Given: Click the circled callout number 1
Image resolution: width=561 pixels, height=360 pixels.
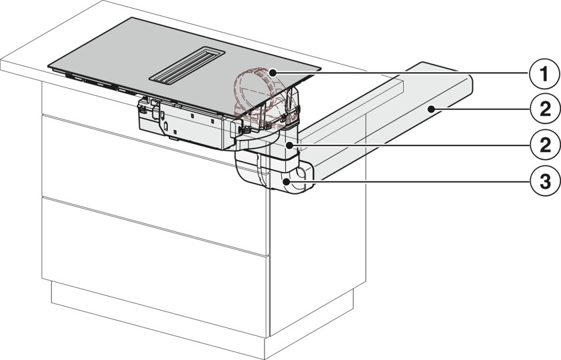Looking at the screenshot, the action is click(544, 75).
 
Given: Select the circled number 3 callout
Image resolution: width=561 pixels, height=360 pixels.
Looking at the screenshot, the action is click(544, 181).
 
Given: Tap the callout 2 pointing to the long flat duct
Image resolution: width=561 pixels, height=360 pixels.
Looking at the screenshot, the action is click(544, 109).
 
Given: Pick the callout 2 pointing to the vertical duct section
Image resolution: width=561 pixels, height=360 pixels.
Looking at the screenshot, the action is click(544, 145).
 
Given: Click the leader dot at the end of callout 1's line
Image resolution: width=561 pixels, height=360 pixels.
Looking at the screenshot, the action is click(273, 73).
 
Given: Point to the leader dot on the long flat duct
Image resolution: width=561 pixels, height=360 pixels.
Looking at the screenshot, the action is click(432, 108).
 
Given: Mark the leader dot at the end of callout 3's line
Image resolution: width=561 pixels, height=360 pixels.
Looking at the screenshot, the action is click(286, 181).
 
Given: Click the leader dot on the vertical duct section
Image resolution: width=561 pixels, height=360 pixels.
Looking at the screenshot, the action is click(289, 144).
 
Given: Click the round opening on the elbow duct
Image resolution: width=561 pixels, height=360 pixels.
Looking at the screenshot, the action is click(302, 173).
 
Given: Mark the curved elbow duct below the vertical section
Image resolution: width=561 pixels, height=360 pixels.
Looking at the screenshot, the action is click(274, 172).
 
